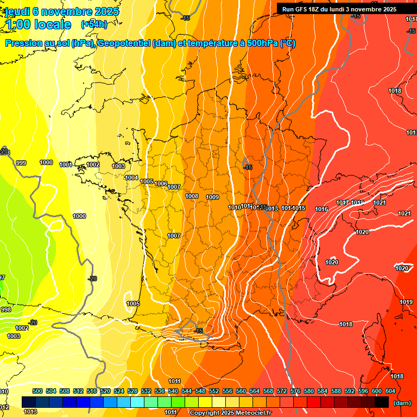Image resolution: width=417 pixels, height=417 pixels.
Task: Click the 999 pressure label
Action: (21, 163)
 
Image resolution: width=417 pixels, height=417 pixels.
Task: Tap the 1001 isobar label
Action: (66, 165)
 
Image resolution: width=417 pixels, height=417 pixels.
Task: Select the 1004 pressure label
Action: (131, 178)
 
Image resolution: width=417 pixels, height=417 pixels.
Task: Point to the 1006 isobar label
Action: (161, 184)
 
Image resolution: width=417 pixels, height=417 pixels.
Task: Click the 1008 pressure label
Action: (192, 196)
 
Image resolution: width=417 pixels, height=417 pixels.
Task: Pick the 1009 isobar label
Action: (212, 197)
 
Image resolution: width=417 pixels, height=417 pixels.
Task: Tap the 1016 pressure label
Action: (321, 209)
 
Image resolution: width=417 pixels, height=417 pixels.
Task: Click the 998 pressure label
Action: (5, 309)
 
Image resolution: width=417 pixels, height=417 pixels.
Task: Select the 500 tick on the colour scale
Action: (37, 391)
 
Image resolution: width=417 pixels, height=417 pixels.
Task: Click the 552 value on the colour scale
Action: (214, 391)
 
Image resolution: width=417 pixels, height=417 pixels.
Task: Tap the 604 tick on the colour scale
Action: (390, 391)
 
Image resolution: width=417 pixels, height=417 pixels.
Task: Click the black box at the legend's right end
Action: (382, 402)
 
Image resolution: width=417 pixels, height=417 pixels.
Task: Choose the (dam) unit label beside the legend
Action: (402, 402)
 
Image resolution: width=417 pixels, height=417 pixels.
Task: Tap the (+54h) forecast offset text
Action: (94, 24)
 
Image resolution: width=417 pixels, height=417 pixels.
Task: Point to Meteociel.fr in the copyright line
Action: (249, 413)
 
